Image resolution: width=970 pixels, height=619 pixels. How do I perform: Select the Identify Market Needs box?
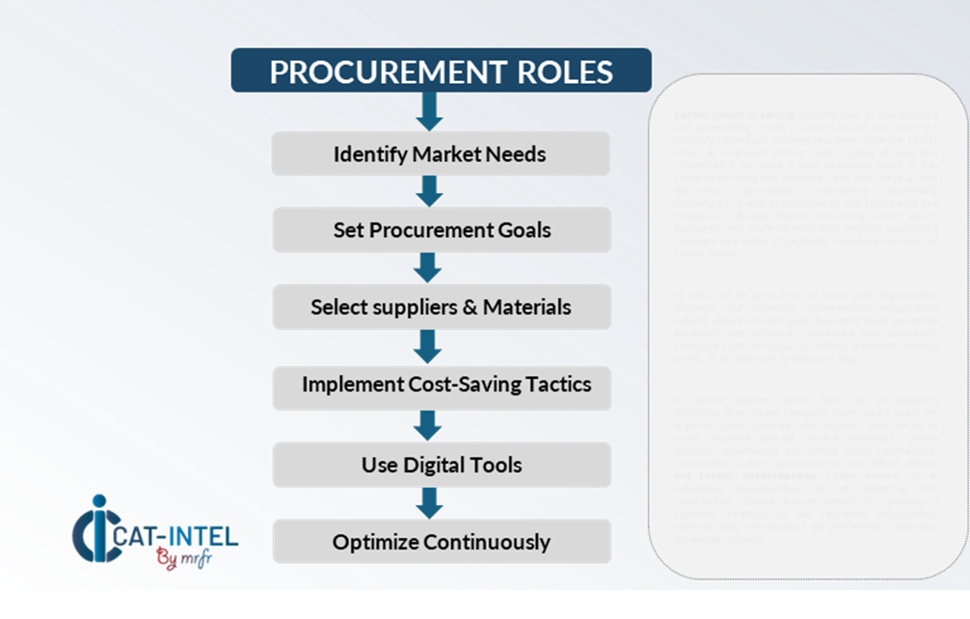(x=441, y=154)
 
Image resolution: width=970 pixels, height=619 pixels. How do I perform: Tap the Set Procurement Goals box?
(x=442, y=230)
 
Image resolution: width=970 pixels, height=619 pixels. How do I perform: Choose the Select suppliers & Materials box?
(x=441, y=308)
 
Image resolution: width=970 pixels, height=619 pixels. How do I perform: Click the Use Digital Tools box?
(x=442, y=465)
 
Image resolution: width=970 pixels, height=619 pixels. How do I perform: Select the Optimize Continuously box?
(x=441, y=542)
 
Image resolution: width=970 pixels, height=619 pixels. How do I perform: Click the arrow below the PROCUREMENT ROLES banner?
(x=429, y=112)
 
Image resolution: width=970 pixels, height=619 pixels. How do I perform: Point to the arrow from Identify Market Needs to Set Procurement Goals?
(x=429, y=191)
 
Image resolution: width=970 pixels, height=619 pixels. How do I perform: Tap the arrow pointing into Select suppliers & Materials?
(x=429, y=267)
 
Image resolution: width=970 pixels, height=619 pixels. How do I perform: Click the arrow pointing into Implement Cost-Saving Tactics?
(x=429, y=344)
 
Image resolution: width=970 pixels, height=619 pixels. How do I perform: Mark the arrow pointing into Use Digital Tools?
(x=429, y=424)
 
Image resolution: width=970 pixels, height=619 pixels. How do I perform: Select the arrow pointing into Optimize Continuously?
(x=429, y=502)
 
